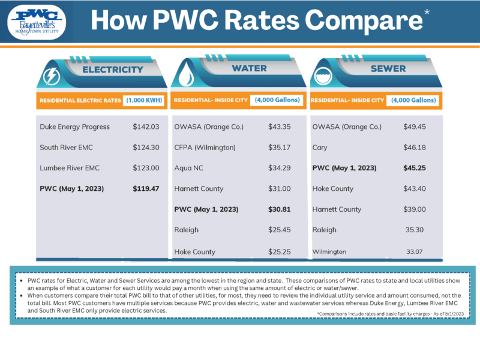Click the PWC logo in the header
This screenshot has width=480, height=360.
pos(38,21)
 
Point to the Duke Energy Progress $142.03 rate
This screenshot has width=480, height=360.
pos(146,127)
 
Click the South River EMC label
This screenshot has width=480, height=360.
pos(66,148)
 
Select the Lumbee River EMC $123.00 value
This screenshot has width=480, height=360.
pos(146,168)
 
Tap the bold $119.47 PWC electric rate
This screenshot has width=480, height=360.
pos(146,189)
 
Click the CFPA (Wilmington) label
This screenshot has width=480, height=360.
pos(205,148)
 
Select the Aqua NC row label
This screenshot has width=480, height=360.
pos(190,168)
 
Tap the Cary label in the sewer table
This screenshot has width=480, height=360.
pos(320,148)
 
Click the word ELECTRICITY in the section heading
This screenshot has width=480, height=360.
pos(113,69)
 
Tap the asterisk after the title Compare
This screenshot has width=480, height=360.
pos(427,13)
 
